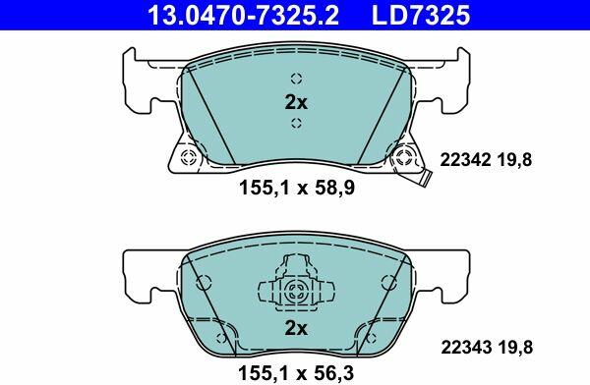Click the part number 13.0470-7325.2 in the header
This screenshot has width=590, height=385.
point(244,15)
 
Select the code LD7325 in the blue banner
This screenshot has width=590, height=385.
point(421,15)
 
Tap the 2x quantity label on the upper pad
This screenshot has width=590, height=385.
point(296,102)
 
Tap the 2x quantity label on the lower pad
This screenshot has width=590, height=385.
point(296,328)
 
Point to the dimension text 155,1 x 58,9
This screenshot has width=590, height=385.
point(297,188)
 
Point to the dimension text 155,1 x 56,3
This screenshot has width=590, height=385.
point(296,373)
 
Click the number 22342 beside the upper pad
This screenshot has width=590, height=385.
point(465,160)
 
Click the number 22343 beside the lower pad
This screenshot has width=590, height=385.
point(466,348)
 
